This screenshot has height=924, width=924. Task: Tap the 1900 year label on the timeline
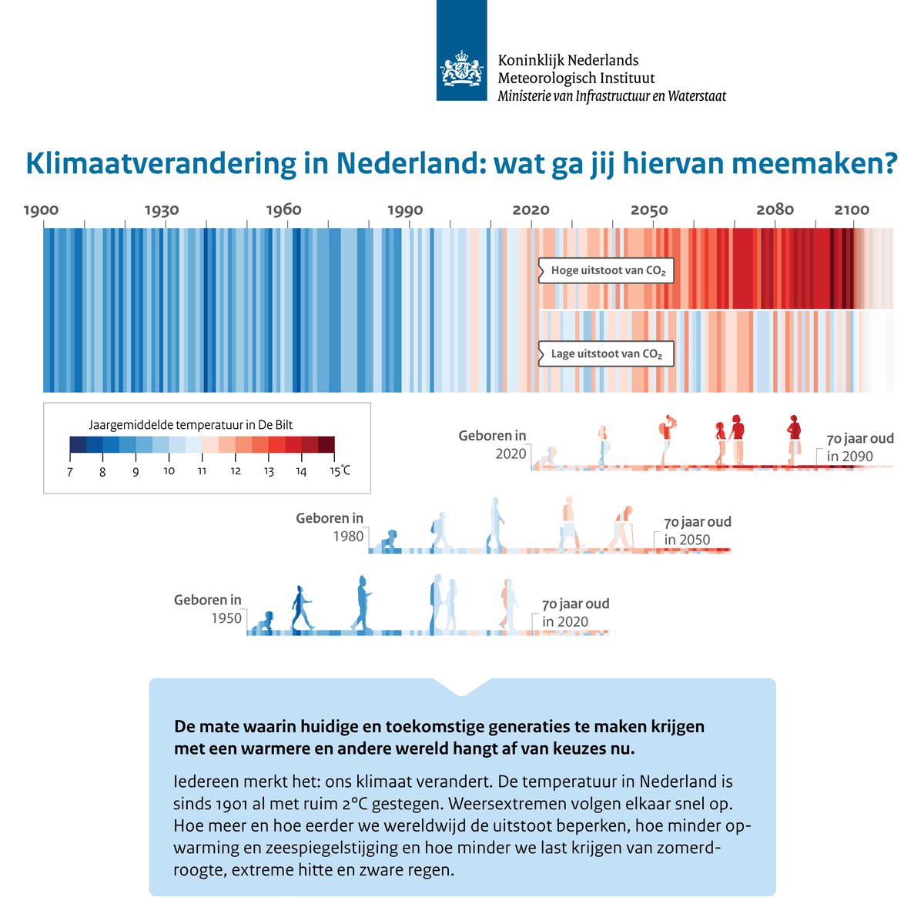click(42, 210)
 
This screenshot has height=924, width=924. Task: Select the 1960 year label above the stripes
click(284, 210)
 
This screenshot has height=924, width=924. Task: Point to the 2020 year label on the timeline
click(531, 210)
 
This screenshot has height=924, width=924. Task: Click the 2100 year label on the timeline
click(852, 210)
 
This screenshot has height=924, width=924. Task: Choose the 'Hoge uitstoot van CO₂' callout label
click(607, 271)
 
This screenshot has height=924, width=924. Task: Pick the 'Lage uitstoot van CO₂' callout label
click(607, 354)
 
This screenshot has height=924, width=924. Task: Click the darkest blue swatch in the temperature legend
click(77, 445)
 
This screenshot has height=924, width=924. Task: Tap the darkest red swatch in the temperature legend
click(326, 445)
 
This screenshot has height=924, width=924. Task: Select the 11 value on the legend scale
click(202, 471)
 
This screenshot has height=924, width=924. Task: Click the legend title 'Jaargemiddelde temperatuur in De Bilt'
click(191, 424)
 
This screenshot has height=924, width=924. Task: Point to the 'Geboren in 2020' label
click(493, 444)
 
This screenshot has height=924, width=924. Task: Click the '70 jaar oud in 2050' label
click(697, 531)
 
